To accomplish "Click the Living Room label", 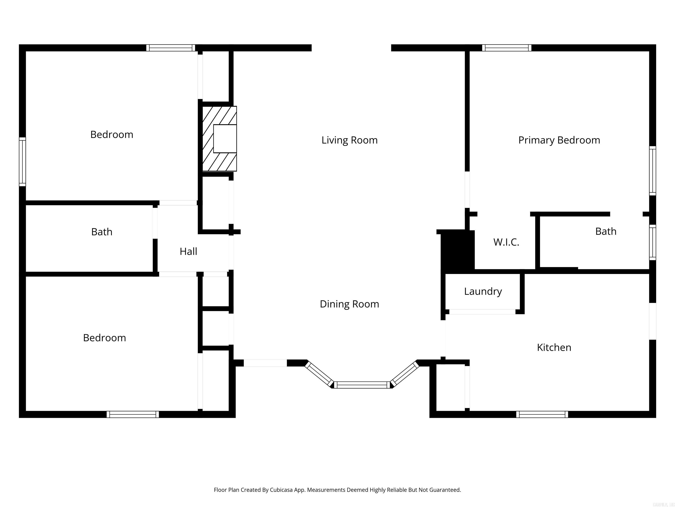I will click(349, 140).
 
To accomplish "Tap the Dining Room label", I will click(349, 304).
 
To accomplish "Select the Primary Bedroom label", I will click(559, 140).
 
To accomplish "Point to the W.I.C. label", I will click(506, 242).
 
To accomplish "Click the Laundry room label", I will click(483, 291).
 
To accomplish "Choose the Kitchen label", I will click(554, 347).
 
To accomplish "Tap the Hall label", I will click(188, 252).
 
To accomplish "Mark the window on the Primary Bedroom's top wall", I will click(506, 48).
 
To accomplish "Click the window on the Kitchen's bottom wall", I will click(542, 414).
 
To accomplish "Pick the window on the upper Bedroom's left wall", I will click(22, 162).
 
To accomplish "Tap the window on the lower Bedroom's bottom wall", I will click(133, 414).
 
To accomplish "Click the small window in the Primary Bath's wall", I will click(652, 242).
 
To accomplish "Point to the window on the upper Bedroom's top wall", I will click(170, 48).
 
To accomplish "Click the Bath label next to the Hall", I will click(102, 232).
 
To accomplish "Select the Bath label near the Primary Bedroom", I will click(606, 231).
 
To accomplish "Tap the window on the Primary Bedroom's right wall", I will click(652, 171).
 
